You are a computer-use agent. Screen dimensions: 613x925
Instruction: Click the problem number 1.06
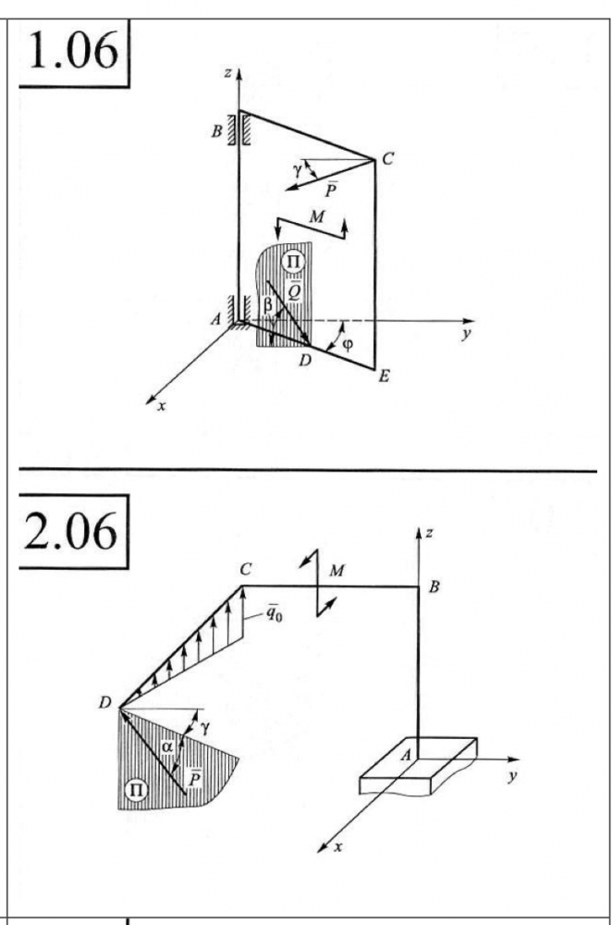[x=73, y=51]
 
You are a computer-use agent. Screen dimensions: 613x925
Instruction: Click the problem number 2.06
[x=70, y=532]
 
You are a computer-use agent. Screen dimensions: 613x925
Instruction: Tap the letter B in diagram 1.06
[x=217, y=131]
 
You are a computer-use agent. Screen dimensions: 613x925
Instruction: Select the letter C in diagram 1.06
[x=387, y=159]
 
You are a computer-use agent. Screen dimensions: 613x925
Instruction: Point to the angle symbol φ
[x=348, y=344]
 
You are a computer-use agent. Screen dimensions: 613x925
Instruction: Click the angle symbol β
[x=267, y=304]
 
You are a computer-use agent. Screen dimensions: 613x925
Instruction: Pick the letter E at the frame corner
[x=384, y=376]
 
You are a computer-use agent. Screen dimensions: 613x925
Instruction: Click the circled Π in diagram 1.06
[x=292, y=261]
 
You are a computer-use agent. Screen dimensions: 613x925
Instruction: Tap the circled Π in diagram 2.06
[x=136, y=789]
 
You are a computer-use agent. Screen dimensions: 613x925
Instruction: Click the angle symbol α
[x=168, y=746]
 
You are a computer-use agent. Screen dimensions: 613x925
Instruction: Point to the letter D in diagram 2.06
[x=104, y=703]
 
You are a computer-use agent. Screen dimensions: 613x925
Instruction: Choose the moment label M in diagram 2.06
[x=337, y=571]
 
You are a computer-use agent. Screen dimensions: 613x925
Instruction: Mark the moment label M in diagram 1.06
[x=317, y=217]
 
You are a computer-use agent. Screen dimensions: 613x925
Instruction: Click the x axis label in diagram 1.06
[x=162, y=406]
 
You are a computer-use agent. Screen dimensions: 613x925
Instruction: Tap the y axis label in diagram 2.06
[x=511, y=776]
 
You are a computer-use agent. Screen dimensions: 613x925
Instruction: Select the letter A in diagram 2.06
[x=406, y=755]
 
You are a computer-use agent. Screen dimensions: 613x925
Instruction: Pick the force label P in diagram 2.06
[x=194, y=779]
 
